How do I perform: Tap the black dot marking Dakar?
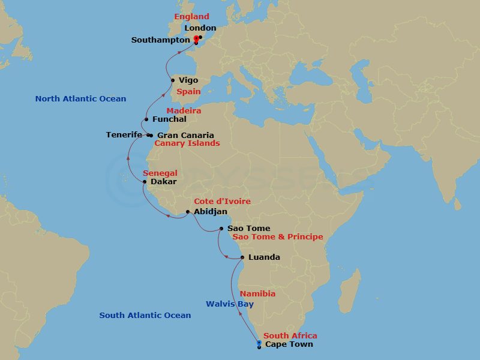click(x=145, y=181)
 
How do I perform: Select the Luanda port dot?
click(x=242, y=257)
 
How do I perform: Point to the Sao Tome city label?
click(x=248, y=229)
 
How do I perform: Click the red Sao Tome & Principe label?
click(x=277, y=237)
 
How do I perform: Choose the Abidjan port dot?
click(x=188, y=212)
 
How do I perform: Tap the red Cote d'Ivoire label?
click(x=222, y=202)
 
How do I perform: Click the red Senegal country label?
click(x=160, y=173)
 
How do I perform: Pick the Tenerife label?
click(x=124, y=135)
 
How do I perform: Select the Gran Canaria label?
click(x=185, y=136)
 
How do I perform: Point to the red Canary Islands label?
click(x=187, y=143)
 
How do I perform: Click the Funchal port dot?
click(x=146, y=119)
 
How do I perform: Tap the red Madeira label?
click(x=184, y=111)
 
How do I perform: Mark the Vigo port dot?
click(x=173, y=80)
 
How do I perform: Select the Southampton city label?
click(x=161, y=40)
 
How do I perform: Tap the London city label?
click(x=200, y=28)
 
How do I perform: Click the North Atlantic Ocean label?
click(x=80, y=99)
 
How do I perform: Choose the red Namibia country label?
click(x=257, y=294)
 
